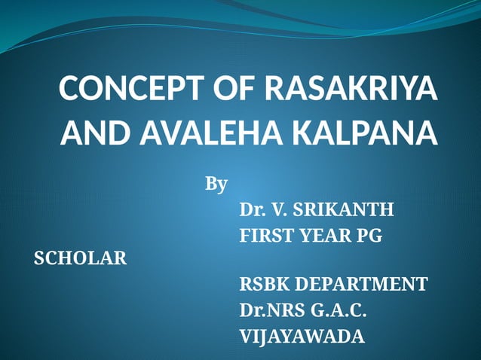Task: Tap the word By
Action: [216, 184]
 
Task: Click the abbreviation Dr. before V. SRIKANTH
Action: [252, 209]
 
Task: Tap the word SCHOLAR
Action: [81, 259]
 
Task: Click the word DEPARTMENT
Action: [361, 285]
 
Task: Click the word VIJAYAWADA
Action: [302, 336]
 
